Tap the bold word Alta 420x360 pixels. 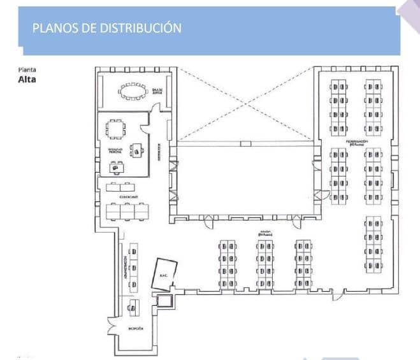[27, 80]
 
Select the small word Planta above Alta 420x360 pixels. [27, 69]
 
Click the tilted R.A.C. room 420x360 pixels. [163, 275]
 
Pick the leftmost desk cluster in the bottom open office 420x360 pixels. [228, 264]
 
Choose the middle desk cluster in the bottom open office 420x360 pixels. [266, 264]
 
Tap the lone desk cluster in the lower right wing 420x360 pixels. [373, 245]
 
